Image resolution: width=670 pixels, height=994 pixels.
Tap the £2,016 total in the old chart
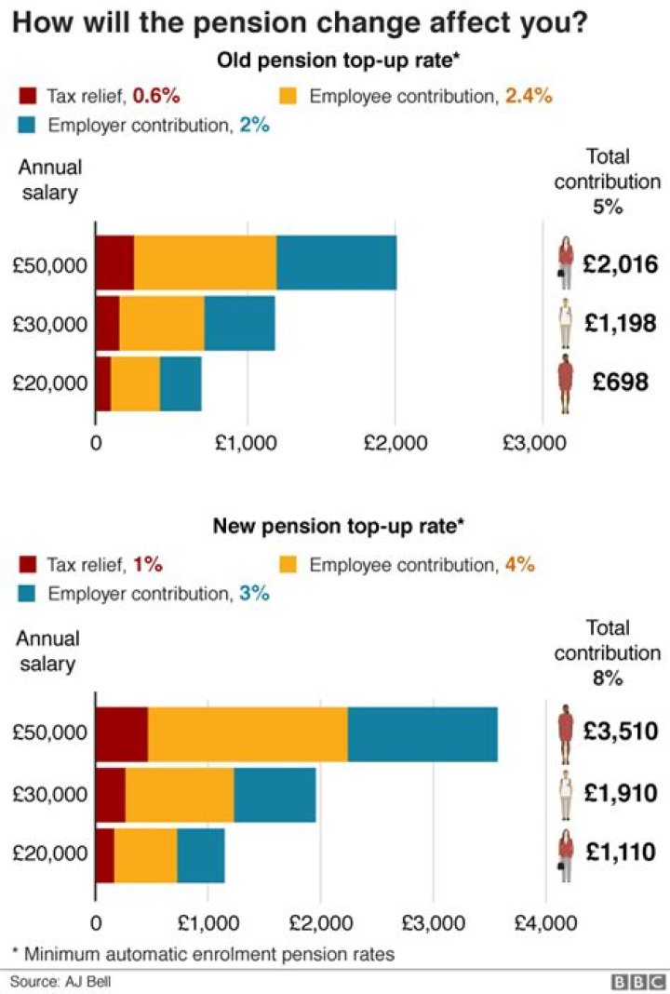pos(621,264)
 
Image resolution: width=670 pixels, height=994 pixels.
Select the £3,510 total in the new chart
pos(621,732)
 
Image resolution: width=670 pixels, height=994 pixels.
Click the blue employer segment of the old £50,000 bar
pos(336,263)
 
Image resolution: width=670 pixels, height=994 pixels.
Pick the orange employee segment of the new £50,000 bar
pos(248,734)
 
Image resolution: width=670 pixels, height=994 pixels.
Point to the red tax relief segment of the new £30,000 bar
pos(110,794)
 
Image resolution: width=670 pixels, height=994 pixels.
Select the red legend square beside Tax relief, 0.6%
pos(28,96)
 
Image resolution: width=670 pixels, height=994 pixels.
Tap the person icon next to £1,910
pos(565,794)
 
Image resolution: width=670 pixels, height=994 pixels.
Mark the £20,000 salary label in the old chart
pos(50,383)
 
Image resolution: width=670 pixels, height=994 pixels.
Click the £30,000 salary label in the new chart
pos(50,794)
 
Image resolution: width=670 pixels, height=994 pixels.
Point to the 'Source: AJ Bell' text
pos(55,981)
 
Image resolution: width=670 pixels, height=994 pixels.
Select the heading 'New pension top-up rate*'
pos(338,527)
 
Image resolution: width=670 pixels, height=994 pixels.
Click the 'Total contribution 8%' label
pos(608,653)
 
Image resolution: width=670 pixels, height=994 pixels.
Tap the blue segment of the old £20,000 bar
pos(181,383)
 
